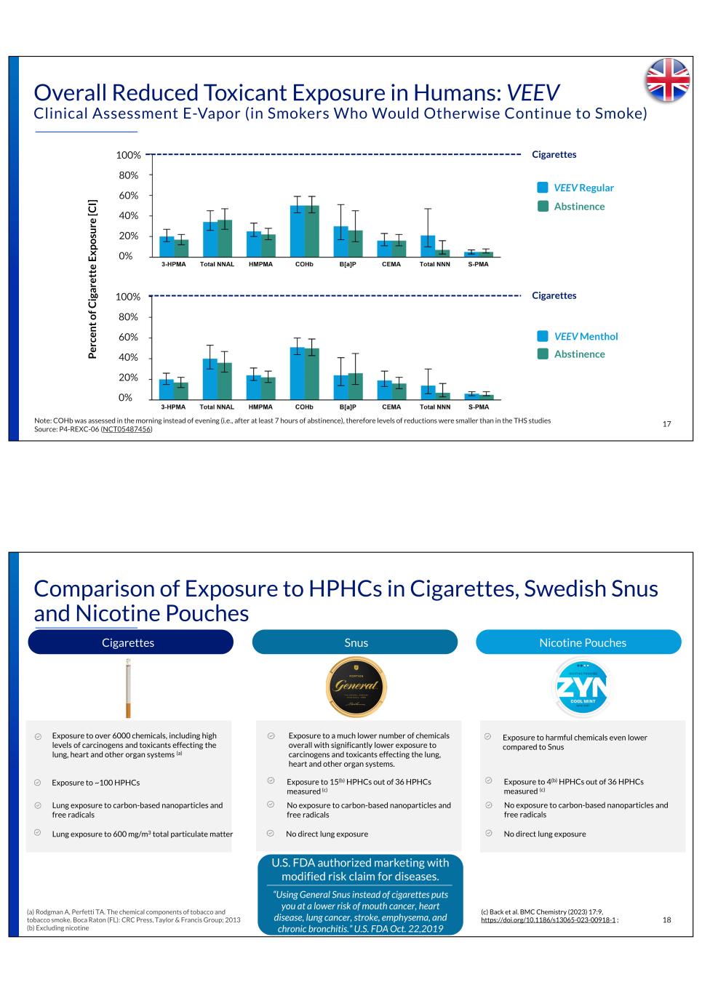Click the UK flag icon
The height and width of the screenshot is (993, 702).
[667, 79]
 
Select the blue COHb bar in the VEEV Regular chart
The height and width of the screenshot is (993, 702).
[297, 231]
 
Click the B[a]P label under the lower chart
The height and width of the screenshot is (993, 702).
[348, 407]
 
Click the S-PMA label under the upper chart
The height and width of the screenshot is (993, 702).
[478, 264]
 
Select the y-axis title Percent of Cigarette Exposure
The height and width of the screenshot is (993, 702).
[92, 280]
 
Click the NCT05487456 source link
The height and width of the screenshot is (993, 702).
[127, 429]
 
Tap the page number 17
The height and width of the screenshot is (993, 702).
[666, 424]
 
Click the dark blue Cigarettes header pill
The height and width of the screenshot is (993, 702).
[130, 642]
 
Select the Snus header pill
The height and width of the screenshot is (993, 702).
[355, 642]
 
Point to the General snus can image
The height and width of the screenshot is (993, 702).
[356, 687]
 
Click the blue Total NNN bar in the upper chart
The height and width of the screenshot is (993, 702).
[428, 246]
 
